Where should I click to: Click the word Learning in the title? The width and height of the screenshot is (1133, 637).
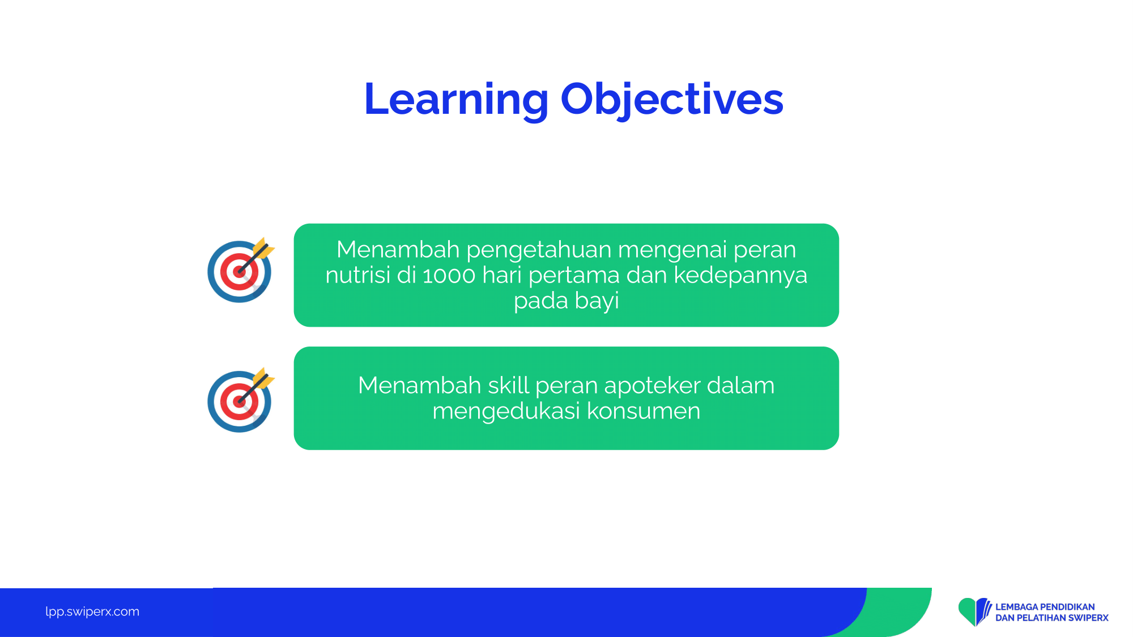click(456, 100)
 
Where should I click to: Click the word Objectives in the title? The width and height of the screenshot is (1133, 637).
click(672, 100)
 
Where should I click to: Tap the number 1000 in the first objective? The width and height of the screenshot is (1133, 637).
click(449, 276)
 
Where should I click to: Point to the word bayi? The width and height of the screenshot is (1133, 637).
click(597, 301)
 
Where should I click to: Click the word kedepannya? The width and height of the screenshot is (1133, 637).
click(740, 276)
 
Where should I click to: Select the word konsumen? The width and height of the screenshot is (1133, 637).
click(644, 411)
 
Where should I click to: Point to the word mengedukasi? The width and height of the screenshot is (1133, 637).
click(506, 412)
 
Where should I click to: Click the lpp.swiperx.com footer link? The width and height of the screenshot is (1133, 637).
click(92, 612)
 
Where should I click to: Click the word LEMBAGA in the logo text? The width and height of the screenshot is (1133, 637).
click(1016, 607)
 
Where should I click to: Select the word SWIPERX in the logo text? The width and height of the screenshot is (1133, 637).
click(1088, 618)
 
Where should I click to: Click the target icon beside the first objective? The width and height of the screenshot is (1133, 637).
click(241, 270)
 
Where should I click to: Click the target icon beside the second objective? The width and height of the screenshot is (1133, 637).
click(241, 400)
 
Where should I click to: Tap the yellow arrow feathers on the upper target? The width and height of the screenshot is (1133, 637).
click(263, 249)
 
